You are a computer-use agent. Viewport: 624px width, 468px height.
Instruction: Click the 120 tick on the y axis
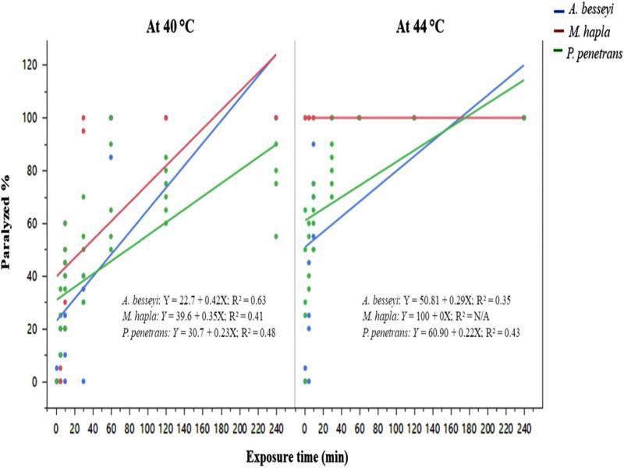click(x=34, y=65)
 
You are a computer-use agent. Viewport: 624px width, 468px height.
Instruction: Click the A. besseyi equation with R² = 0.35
click(x=436, y=299)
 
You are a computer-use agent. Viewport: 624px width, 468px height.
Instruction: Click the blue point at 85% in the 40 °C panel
click(x=111, y=157)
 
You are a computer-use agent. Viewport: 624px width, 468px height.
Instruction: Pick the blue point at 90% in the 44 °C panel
click(x=314, y=144)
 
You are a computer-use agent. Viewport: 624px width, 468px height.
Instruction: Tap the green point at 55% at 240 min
click(x=275, y=236)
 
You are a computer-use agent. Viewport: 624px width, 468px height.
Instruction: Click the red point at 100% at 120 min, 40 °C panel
click(x=165, y=117)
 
